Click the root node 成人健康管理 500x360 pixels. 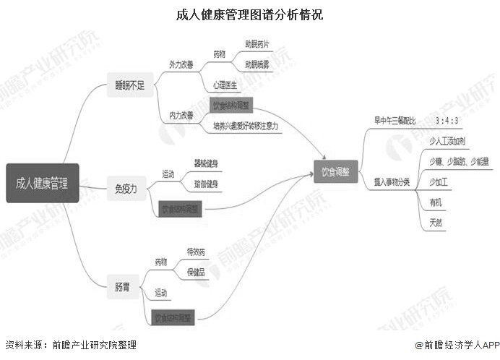(42, 183)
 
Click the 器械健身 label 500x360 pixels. (207, 163)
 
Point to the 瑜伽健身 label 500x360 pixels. (207, 184)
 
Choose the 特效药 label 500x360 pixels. (196, 252)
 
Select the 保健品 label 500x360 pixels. (196, 273)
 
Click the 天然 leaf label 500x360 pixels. (436, 221)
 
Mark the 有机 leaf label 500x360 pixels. (436, 201)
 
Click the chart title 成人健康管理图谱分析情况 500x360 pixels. (249, 14)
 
